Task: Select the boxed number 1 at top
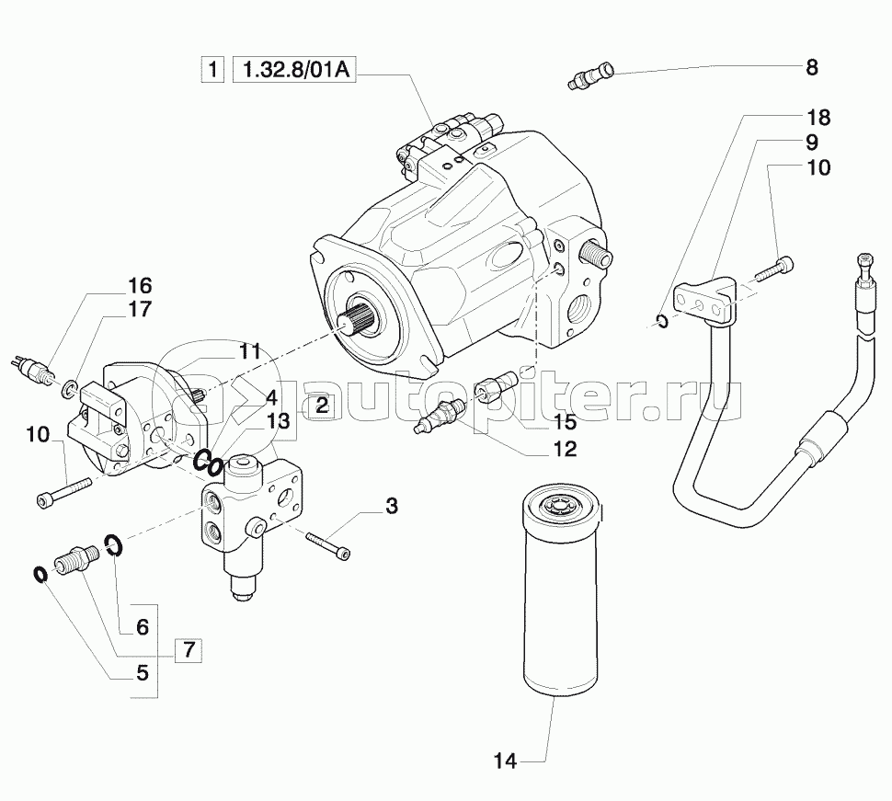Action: (212, 69)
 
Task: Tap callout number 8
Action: (811, 66)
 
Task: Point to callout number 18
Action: (818, 118)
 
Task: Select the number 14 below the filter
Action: (507, 761)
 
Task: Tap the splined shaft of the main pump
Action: (362, 323)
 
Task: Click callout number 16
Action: (140, 284)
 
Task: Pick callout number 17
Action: (140, 310)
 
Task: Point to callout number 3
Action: (392, 505)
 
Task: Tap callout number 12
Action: (565, 449)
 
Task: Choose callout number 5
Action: (143, 673)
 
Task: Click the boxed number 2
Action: (322, 404)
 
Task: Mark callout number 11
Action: (250, 351)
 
